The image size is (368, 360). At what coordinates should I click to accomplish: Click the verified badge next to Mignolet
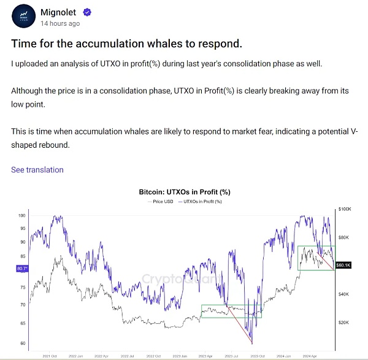tap(88, 12)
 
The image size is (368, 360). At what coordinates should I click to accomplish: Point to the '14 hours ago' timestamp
tap(60, 24)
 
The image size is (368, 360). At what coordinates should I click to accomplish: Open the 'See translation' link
tap(37, 169)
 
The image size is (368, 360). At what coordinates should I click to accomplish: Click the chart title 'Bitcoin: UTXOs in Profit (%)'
tap(184, 192)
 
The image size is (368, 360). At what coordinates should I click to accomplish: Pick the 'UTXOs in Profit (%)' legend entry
tap(201, 201)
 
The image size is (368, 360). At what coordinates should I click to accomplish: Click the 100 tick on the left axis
tap(21, 216)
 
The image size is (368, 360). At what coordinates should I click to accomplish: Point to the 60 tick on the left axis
tap(23, 343)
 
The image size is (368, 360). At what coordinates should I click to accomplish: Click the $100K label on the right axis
tap(344, 210)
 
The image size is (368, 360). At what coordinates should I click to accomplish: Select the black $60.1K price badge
tap(343, 266)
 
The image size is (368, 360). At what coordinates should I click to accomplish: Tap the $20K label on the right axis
tap(343, 323)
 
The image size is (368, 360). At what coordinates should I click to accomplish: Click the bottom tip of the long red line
tap(252, 344)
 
